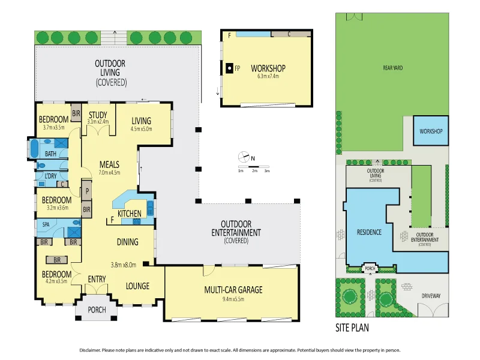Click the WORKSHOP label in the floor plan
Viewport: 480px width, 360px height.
[268, 68]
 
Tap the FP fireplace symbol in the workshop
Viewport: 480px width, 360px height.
[230, 68]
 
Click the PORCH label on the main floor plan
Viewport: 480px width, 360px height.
[97, 310]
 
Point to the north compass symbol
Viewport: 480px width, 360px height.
[245, 157]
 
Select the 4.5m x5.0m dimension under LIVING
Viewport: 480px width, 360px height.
[141, 128]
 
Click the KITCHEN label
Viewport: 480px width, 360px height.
[130, 213]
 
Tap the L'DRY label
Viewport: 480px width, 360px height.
[52, 176]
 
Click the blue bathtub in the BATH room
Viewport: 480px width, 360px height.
[34, 148]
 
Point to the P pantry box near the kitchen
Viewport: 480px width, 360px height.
[87, 193]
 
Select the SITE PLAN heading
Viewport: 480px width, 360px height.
[352, 328]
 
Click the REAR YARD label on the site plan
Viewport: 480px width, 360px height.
[392, 68]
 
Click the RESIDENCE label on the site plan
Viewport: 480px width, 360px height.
[370, 232]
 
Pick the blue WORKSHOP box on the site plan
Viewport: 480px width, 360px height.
[430, 131]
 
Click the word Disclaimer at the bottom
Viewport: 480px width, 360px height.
[92, 350]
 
